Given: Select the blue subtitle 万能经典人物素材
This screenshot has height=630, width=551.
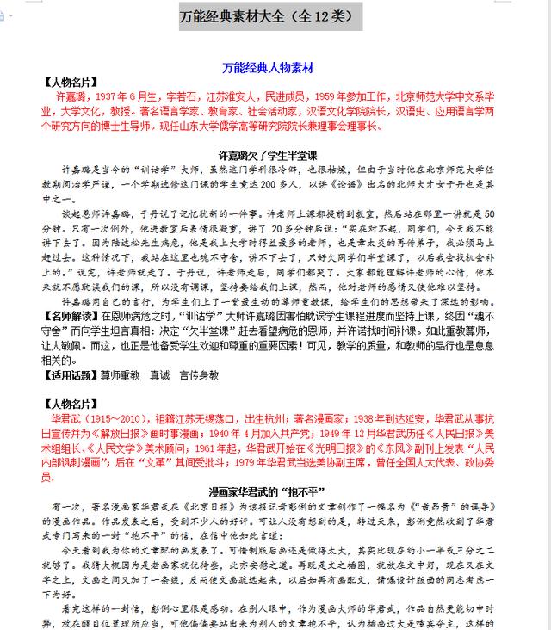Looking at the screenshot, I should pyautogui.click(x=267, y=67).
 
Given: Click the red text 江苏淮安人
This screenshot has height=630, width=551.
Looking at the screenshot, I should pyautogui.click(x=220, y=97).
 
